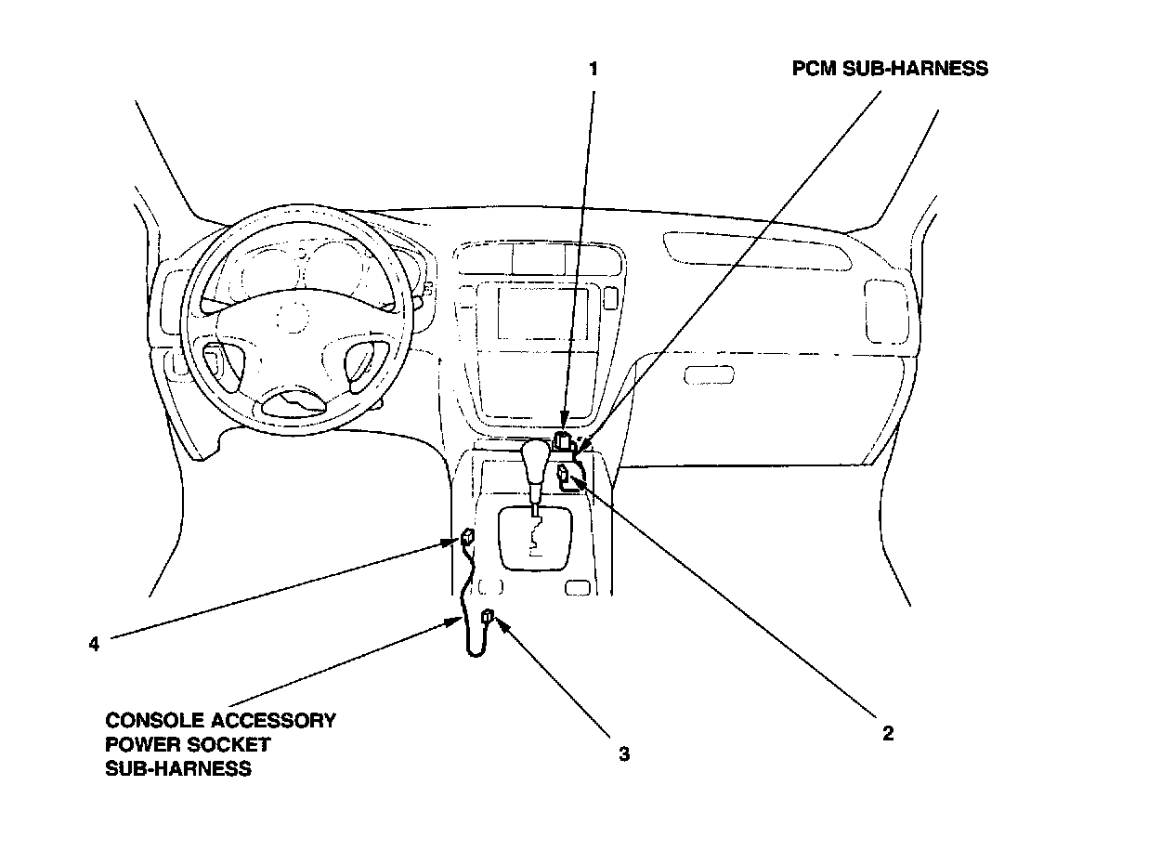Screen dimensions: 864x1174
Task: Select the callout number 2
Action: point(887,733)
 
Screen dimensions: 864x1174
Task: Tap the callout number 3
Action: point(624,754)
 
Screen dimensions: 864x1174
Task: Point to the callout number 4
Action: point(94,644)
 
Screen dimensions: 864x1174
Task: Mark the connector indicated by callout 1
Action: point(564,440)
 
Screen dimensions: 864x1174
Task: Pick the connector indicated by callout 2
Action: point(565,477)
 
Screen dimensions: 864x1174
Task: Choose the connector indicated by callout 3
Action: point(488,616)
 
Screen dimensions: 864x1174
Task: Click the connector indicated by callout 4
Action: point(467,536)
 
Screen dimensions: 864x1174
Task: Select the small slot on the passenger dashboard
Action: point(709,375)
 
